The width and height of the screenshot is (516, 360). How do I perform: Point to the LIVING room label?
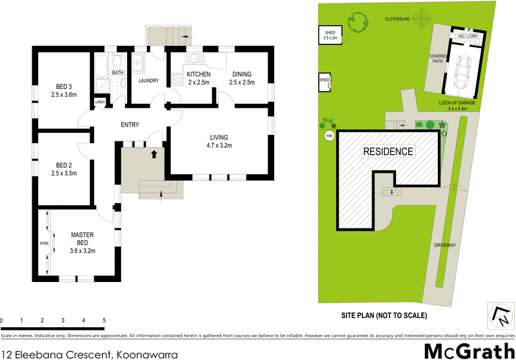219,137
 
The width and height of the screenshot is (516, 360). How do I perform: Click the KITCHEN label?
198,74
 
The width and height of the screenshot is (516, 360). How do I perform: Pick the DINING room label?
241,74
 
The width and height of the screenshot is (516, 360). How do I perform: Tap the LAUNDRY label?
148,81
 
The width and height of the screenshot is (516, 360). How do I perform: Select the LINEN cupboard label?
100,103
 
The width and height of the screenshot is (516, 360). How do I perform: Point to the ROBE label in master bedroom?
45,244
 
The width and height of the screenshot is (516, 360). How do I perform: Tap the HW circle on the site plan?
330,136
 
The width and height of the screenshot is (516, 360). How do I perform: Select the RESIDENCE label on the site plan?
388,152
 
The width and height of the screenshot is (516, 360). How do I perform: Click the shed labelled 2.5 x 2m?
330,35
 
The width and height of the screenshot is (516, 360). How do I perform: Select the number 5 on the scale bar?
104,320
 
